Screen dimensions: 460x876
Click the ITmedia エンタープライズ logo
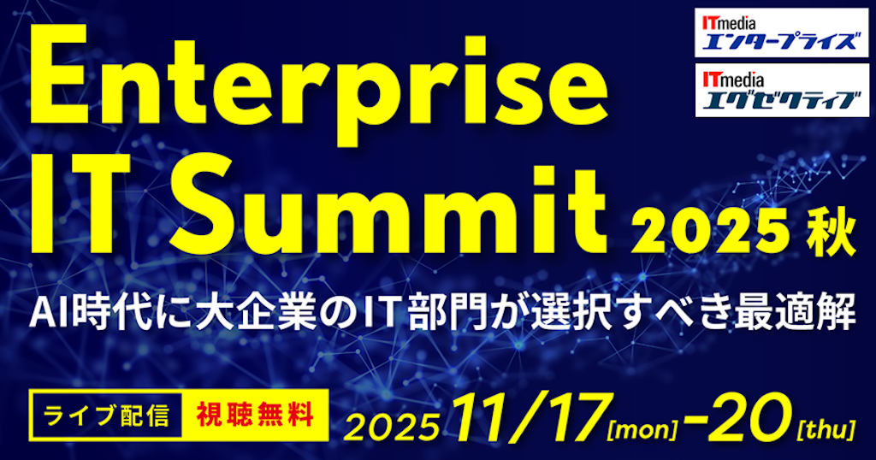click(777, 32)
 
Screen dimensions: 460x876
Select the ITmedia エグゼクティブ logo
click(777, 91)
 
